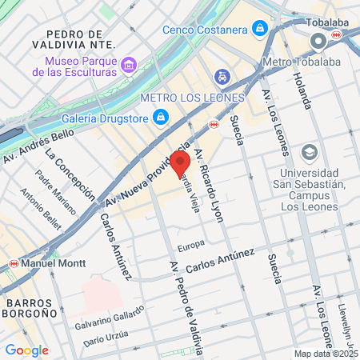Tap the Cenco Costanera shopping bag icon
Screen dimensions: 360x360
pyautogui.click(x=259, y=30)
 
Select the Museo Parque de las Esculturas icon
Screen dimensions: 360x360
pyautogui.click(x=128, y=64)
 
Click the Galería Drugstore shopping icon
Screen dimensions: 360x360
pyautogui.click(x=161, y=118)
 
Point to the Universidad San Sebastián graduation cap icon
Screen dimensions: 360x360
pyautogui.click(x=309, y=152)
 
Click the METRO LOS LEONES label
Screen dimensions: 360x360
pyautogui.click(x=192, y=98)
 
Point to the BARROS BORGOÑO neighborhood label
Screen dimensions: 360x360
pyautogui.click(x=31, y=309)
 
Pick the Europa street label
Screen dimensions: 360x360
pyautogui.click(x=191, y=244)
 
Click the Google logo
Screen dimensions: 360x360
pyautogui.click(x=26, y=350)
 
